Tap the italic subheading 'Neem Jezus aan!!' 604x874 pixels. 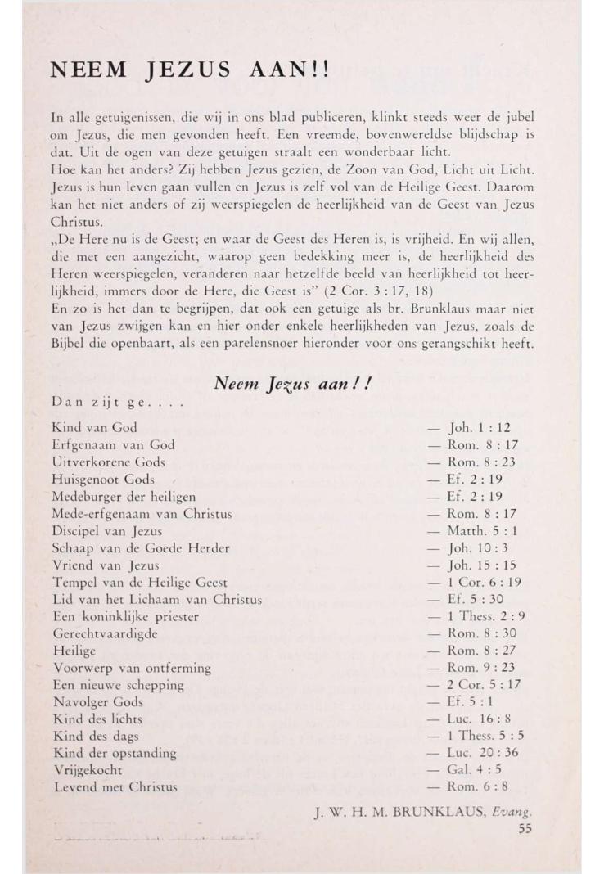pos(292,381)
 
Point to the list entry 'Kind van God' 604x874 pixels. pos(94,427)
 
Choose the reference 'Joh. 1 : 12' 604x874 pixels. pos(483,427)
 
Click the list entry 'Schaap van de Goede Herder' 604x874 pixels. pos(140,548)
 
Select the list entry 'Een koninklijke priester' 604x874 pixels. pos(125,617)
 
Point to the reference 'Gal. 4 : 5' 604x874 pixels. pos(480,771)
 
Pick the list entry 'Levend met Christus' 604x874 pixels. pos(115,788)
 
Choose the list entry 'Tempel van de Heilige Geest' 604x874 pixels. pos(139,583)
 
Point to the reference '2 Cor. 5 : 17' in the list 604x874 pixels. pos(485,685)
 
